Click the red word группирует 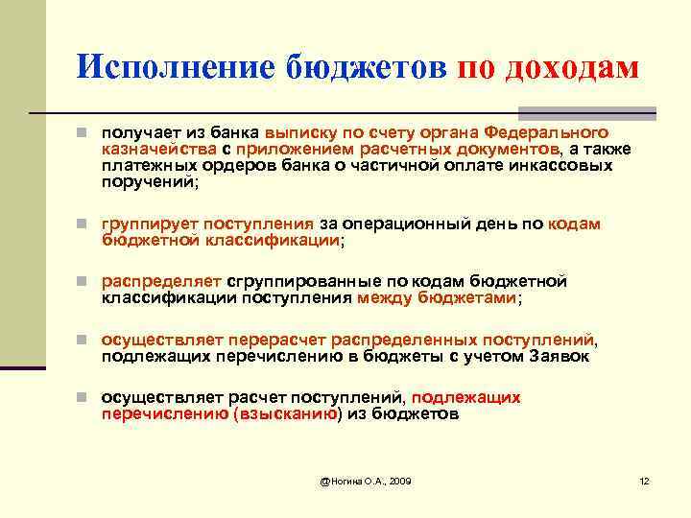(147, 224)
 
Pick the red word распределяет (161, 282)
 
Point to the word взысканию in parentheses (286, 414)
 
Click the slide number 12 (644, 479)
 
